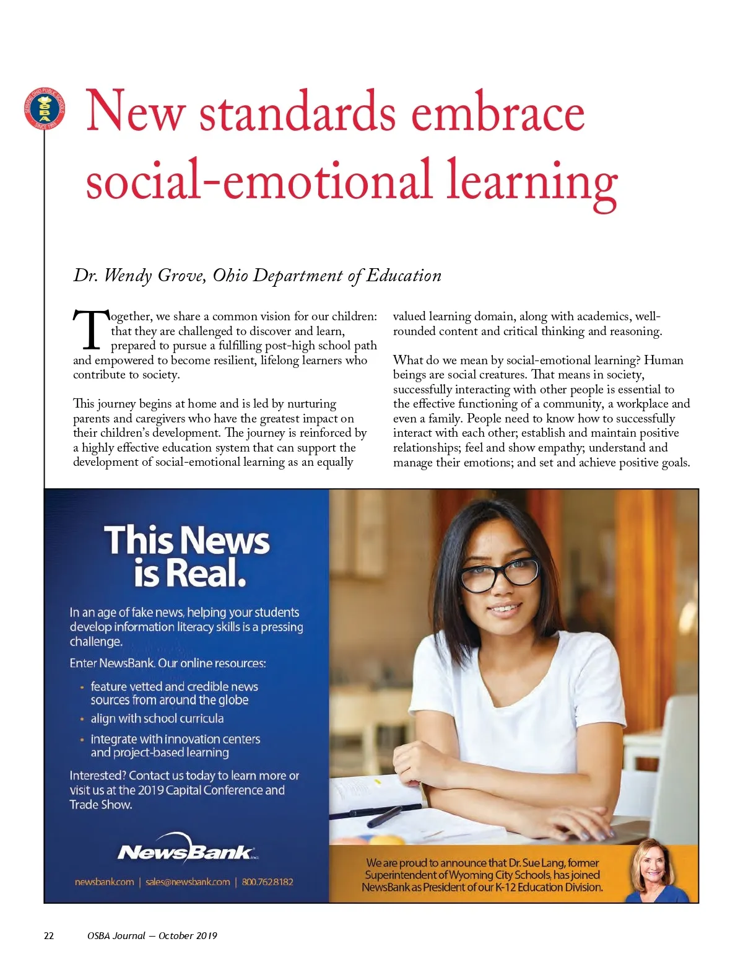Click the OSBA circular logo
click(x=44, y=108)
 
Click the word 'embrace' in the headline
click(x=498, y=112)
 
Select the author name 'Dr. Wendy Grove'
click(x=139, y=275)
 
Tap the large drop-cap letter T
click(x=90, y=329)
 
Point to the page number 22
click(x=49, y=935)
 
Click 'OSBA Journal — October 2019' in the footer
click(x=152, y=935)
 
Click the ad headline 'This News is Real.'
click(x=187, y=556)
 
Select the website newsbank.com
click(x=104, y=881)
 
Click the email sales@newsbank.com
click(x=188, y=881)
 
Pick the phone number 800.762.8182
click(x=267, y=881)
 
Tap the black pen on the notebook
click(x=384, y=816)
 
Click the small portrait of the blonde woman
click(x=658, y=872)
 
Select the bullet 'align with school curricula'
click(x=157, y=719)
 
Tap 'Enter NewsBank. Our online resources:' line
click(x=168, y=663)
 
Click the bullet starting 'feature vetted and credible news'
click(x=174, y=693)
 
